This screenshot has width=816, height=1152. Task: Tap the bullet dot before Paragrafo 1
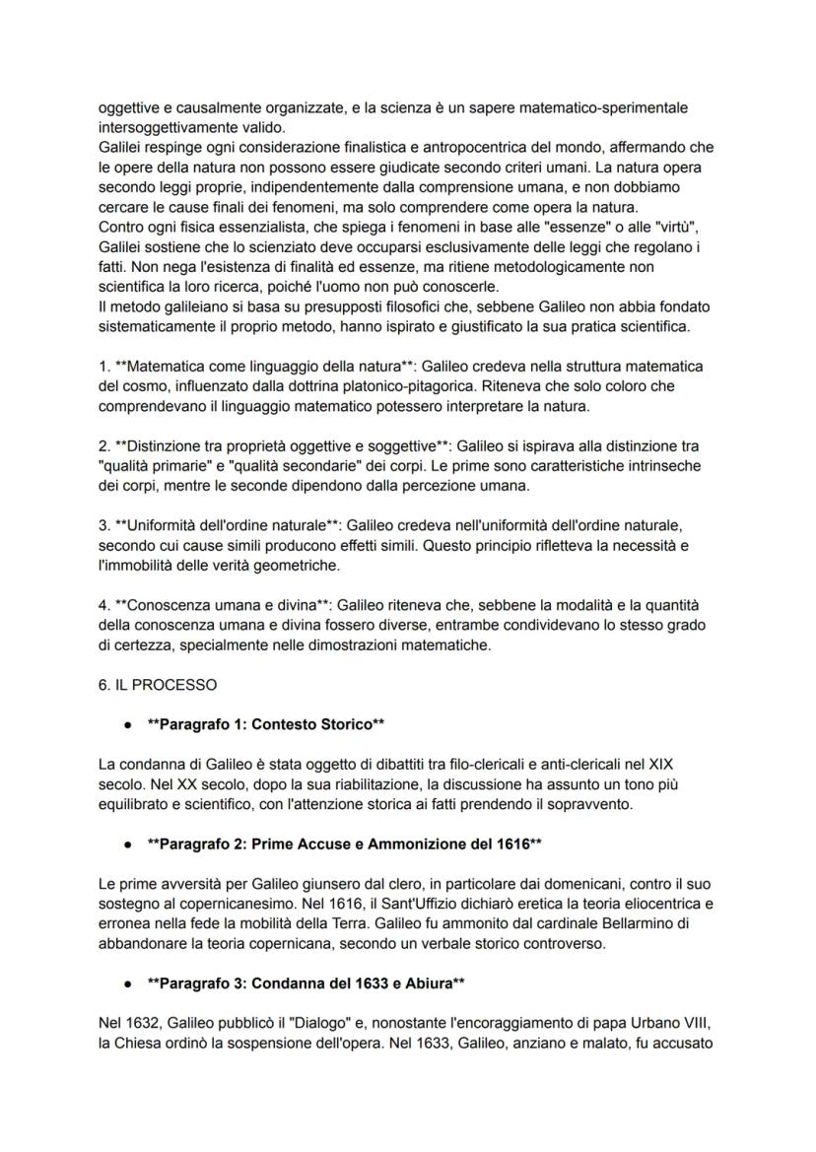click(x=128, y=724)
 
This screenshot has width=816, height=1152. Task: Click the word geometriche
click(x=296, y=565)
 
